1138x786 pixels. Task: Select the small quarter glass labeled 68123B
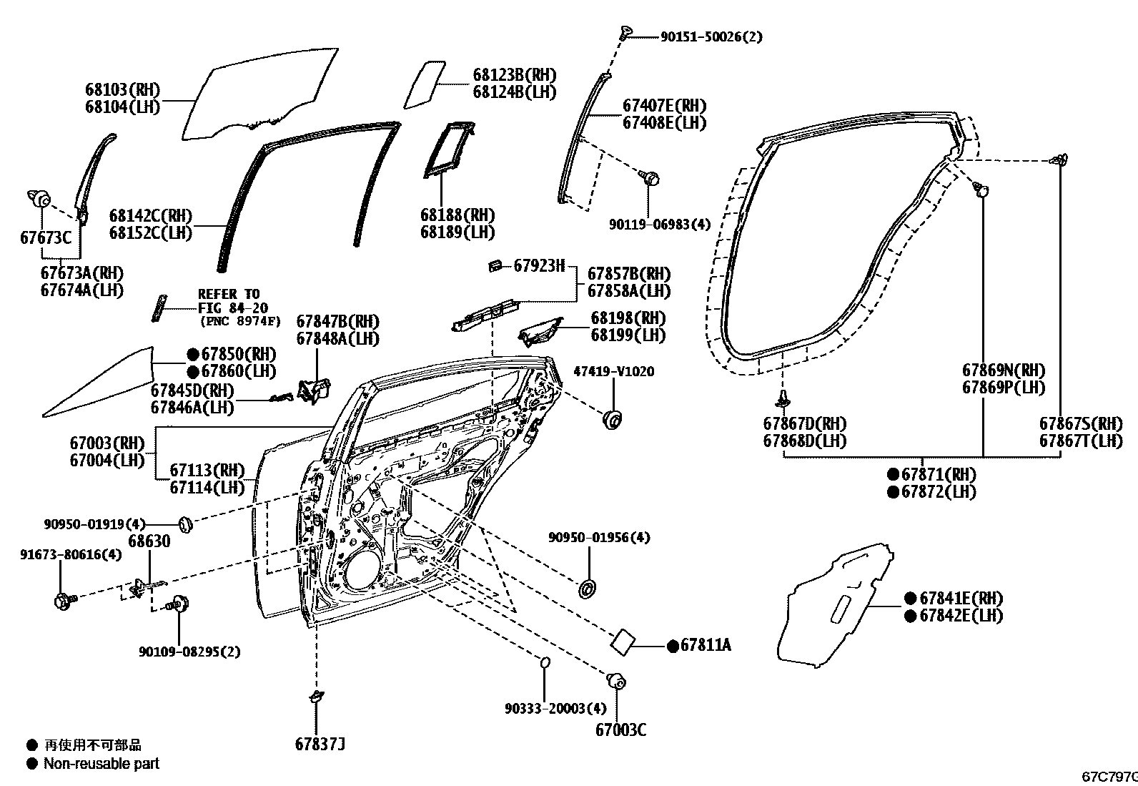[x=426, y=84]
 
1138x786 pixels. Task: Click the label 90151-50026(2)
[x=711, y=36]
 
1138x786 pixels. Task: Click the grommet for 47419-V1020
[x=613, y=419]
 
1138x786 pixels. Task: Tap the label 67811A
[x=705, y=645]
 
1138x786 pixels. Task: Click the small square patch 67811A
[x=623, y=640]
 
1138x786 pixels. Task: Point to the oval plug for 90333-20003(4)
[x=544, y=662]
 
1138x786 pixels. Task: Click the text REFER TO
[x=229, y=294]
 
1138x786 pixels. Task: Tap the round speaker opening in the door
[x=366, y=571]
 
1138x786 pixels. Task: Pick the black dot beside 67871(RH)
[x=893, y=474]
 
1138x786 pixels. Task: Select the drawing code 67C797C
[x=1109, y=776]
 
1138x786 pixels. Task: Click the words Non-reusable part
[x=101, y=763]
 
